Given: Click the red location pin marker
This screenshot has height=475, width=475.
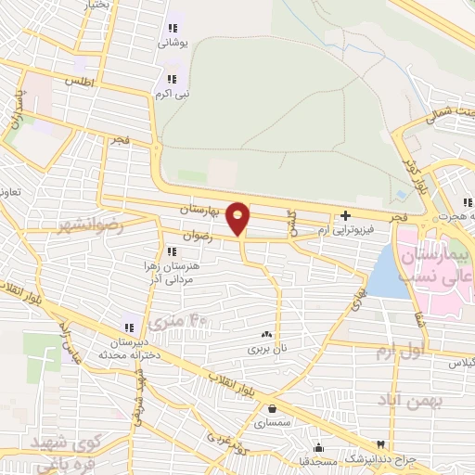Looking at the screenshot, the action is click(238, 217).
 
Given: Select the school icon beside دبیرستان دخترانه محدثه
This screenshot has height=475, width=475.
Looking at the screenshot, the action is click(129, 327).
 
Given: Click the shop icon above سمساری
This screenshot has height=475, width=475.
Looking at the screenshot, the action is click(272, 407).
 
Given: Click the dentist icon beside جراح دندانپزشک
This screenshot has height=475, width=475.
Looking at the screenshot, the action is click(379, 445).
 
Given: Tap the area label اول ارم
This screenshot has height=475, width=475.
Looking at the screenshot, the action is click(399, 353).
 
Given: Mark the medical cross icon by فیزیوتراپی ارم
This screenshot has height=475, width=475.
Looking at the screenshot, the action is click(344, 216).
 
